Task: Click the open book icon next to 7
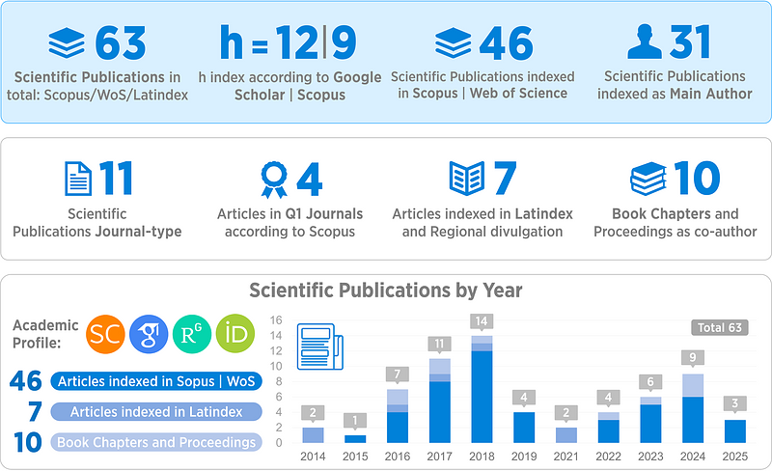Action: point(468,180)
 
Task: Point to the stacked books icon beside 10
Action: point(648,180)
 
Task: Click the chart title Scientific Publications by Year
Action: point(386,290)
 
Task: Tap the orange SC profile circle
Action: point(105,335)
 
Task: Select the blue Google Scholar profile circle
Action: point(148,335)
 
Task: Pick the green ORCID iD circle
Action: point(234,335)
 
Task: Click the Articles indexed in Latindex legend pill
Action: point(155,412)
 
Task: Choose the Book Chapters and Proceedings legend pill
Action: point(155,442)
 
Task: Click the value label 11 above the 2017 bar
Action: point(439,344)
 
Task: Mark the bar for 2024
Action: point(691,408)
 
